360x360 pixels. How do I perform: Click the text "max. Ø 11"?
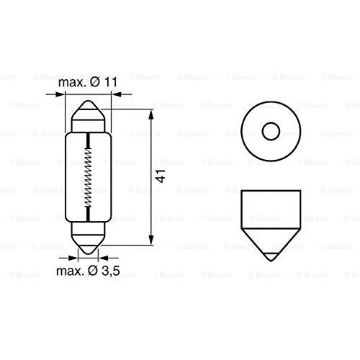[x=88, y=82]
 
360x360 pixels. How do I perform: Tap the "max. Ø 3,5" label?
[x=88, y=271]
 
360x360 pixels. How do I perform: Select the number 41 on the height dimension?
[x=161, y=176]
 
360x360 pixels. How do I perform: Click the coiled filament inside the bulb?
[x=88, y=177]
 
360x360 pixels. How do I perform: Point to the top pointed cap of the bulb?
[x=89, y=109]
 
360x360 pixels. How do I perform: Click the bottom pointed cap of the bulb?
[x=89, y=244]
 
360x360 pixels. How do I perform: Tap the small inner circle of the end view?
[x=271, y=131]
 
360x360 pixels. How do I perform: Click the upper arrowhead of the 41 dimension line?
[x=151, y=115]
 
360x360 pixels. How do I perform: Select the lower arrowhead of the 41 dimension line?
[x=151, y=240]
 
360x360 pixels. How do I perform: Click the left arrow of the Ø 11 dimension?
[x=55, y=94]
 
